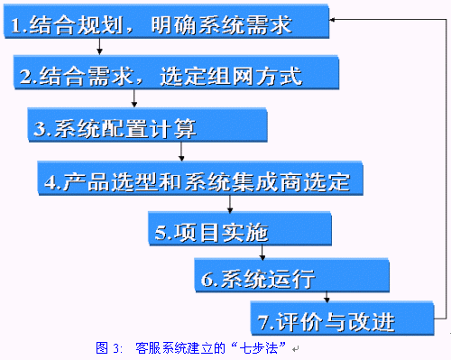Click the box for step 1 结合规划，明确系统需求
(166, 22)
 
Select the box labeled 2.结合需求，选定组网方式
(177, 72)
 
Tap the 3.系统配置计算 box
(147, 125)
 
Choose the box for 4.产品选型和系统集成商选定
(200, 179)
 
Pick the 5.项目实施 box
(240, 229)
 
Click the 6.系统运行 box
(292, 275)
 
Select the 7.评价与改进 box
(343, 318)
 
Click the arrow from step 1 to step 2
(99, 47)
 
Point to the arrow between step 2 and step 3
(134, 98)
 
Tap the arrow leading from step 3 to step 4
(181, 152)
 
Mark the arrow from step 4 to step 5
(230, 204)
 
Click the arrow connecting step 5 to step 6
(262, 253)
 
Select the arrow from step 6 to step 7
(327, 297)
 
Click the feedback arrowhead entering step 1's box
(332, 20)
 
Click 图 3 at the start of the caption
(107, 348)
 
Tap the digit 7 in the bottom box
(263, 322)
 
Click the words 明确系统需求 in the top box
(221, 24)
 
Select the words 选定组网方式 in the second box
(231, 76)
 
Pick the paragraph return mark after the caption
(295, 349)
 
